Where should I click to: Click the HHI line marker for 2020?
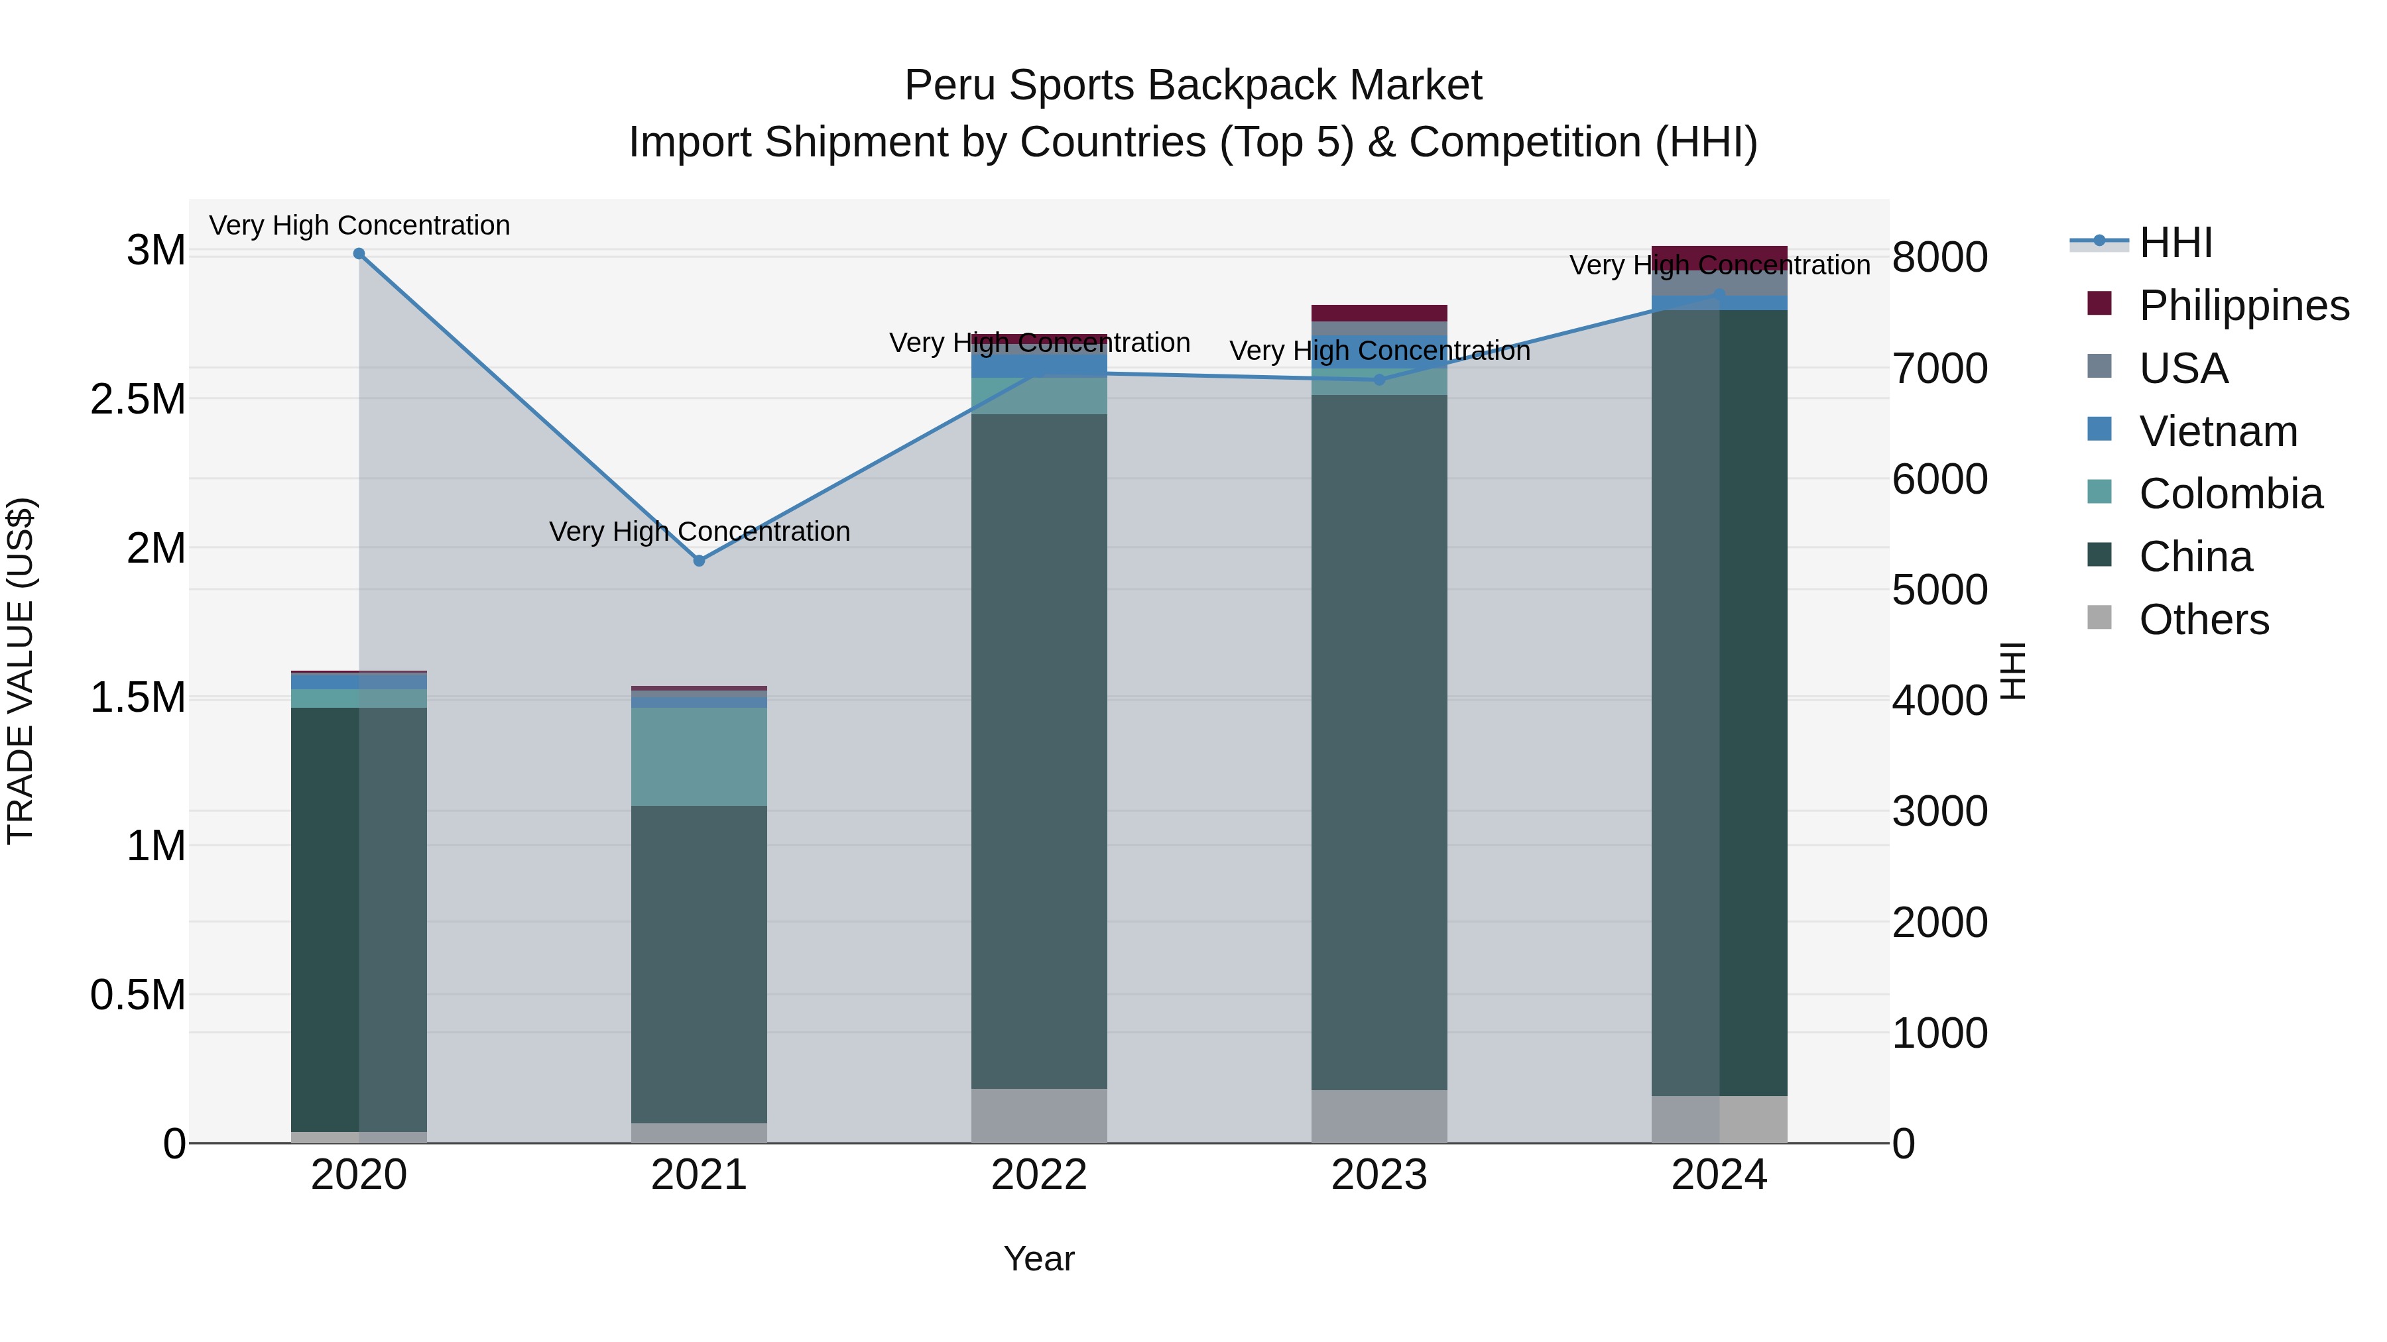[x=359, y=254]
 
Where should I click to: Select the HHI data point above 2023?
[x=1379, y=380]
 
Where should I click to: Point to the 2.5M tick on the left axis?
[x=137, y=399]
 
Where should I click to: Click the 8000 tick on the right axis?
[x=1939, y=258]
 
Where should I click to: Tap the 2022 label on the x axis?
[x=1039, y=1175]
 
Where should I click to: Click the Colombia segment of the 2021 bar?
[x=700, y=757]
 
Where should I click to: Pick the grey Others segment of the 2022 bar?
[x=1039, y=1115]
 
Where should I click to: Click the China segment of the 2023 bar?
[x=1379, y=741]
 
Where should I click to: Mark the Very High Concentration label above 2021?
[x=700, y=531]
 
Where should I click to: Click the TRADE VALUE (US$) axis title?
[x=21, y=671]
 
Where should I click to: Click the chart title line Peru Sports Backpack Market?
[x=1193, y=85]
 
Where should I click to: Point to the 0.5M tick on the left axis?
[x=137, y=995]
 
